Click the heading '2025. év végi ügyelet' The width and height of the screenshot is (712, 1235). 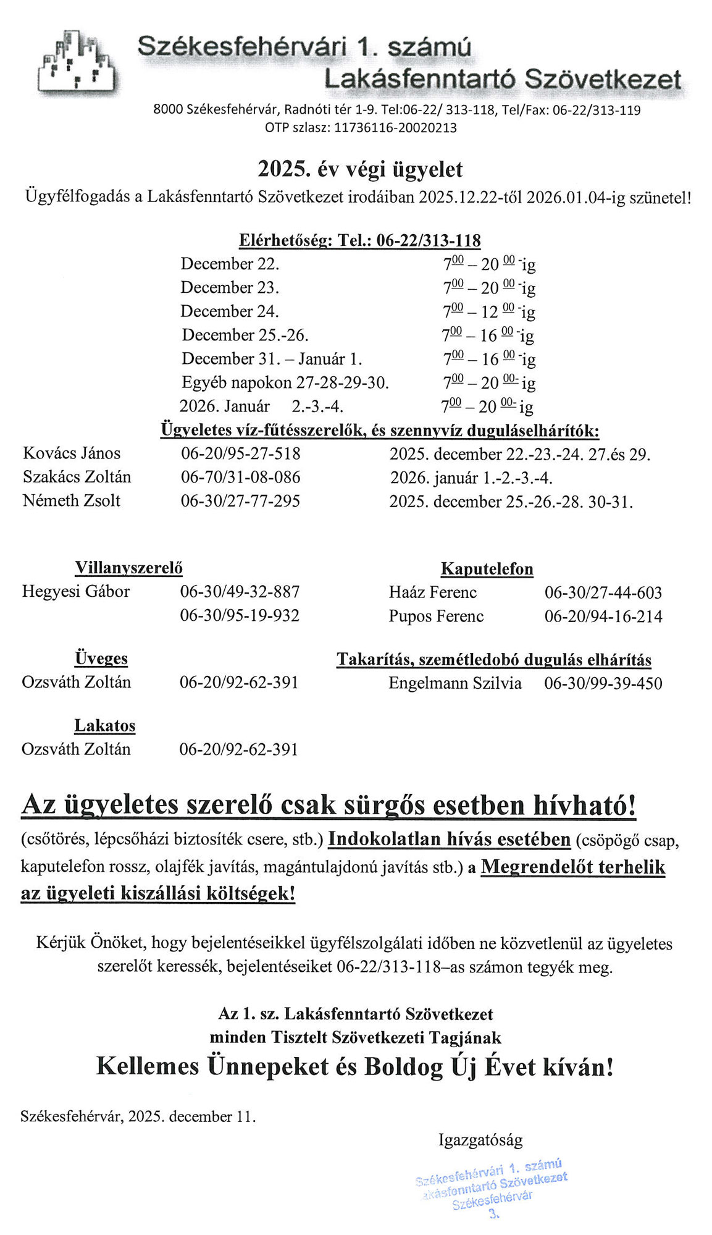pyautogui.click(x=359, y=169)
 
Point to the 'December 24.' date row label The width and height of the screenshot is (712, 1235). pyautogui.click(x=229, y=311)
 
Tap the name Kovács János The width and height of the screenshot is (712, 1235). pyautogui.click(x=72, y=453)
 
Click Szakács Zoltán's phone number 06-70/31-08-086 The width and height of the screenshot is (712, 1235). pyautogui.click(x=240, y=477)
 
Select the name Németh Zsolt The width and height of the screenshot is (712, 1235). pyautogui.click(x=72, y=500)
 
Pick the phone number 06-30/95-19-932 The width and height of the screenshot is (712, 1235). pyautogui.click(x=240, y=615)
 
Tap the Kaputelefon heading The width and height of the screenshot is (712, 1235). pyautogui.click(x=487, y=568)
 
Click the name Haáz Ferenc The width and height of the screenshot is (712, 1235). pyautogui.click(x=432, y=592)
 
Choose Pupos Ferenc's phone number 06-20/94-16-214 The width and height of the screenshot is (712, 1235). pyautogui.click(x=603, y=617)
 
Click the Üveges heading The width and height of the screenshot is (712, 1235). pyautogui.click(x=101, y=658)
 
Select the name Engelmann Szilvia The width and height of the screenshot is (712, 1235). pyautogui.click(x=454, y=683)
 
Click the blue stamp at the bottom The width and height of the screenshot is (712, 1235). pyautogui.click(x=492, y=1187)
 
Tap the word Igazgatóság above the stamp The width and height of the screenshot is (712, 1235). pyautogui.click(x=480, y=1139)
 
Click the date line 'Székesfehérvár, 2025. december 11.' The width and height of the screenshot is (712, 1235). pyautogui.click(x=138, y=1116)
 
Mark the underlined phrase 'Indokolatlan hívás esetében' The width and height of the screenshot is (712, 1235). pyautogui.click(x=449, y=839)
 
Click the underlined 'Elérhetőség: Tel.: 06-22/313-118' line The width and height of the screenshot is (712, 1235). pyautogui.click(x=359, y=240)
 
